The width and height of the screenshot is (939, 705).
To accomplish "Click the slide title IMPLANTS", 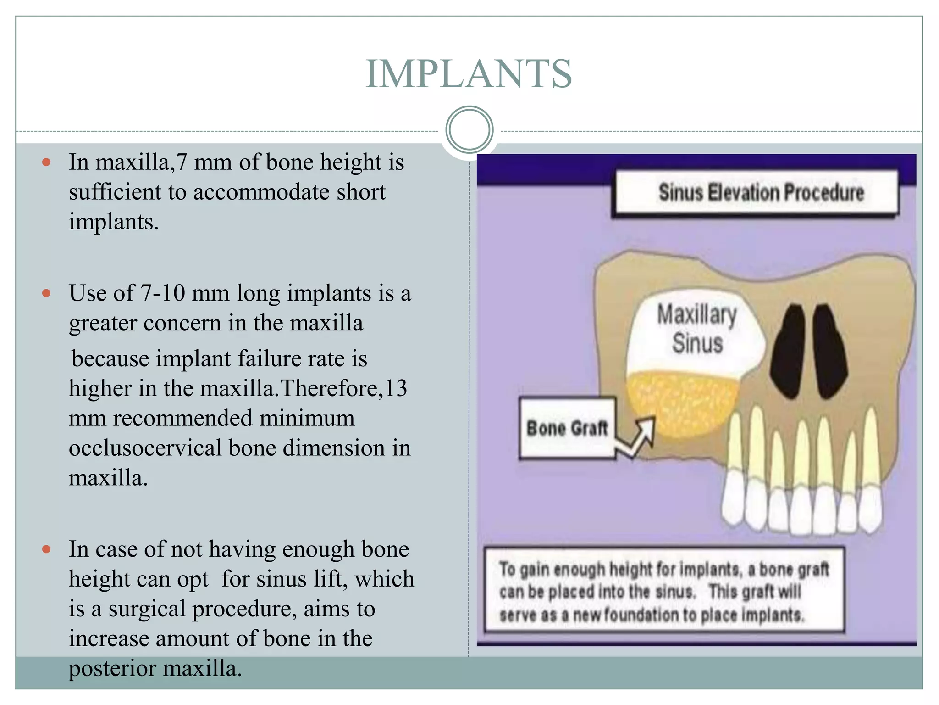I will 469,74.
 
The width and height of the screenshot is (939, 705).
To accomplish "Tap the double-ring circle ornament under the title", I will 469,130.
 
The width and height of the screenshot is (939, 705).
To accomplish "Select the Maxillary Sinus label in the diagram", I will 697,329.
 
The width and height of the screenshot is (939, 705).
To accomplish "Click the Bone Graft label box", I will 567,428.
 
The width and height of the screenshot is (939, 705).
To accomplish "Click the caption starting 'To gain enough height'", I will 664,591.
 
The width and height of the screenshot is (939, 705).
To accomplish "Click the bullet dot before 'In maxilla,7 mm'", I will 46,162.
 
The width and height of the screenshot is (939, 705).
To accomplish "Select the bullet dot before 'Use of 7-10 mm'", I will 46,293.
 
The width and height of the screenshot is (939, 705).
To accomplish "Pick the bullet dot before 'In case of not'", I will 46,549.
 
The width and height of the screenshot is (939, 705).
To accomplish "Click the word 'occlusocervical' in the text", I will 145,448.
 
